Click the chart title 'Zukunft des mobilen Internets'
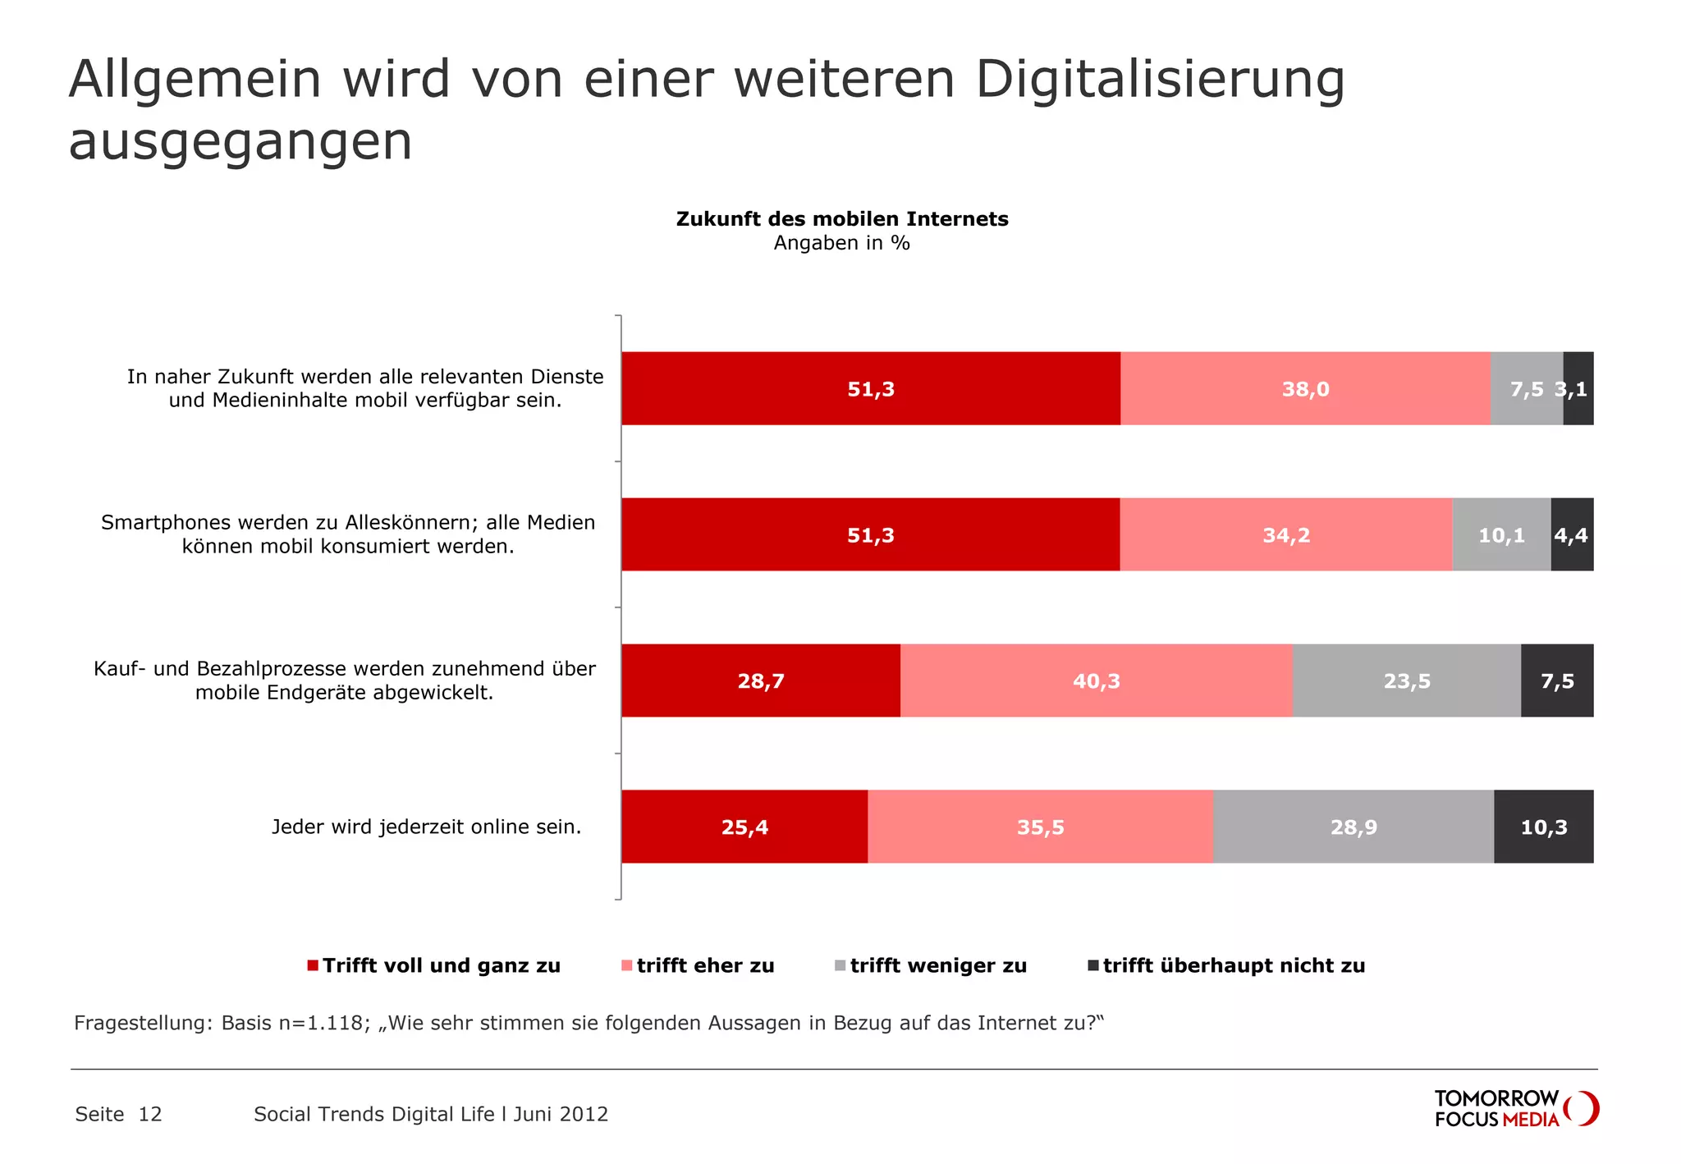coord(841,219)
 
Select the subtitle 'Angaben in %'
coord(841,243)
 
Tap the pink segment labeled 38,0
coord(1305,388)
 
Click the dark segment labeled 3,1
coord(1578,388)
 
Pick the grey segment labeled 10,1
coord(1501,534)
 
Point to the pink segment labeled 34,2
coord(1286,534)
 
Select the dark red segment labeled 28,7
coord(761,681)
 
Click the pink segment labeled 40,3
coord(1097,681)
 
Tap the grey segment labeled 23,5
coord(1407,681)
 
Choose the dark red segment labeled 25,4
coord(744,827)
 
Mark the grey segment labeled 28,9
coord(1354,827)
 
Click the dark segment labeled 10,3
coord(1544,827)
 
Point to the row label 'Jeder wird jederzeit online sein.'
coord(426,827)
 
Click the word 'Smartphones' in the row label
coord(159,523)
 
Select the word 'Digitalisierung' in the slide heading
coord(1160,80)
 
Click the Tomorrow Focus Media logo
coord(1516,1108)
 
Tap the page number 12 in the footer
coord(150,1114)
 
